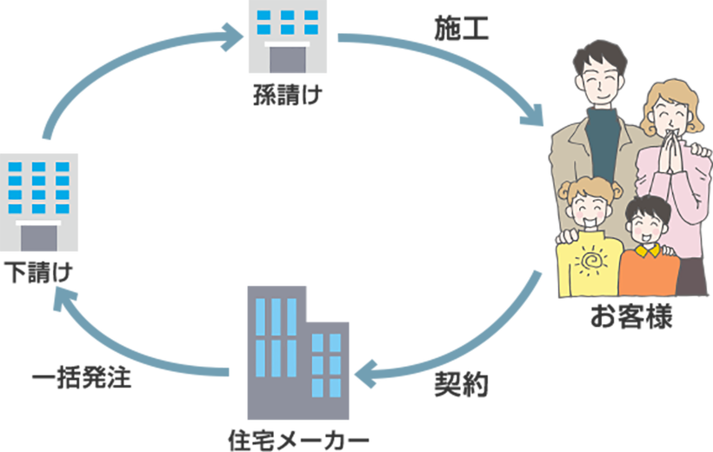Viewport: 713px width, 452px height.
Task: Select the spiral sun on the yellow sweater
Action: coord(591,261)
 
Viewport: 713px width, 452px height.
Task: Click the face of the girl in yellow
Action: coord(587,206)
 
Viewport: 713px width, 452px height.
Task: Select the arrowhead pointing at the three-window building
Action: coord(233,37)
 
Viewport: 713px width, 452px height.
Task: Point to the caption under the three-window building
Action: coord(286,96)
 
